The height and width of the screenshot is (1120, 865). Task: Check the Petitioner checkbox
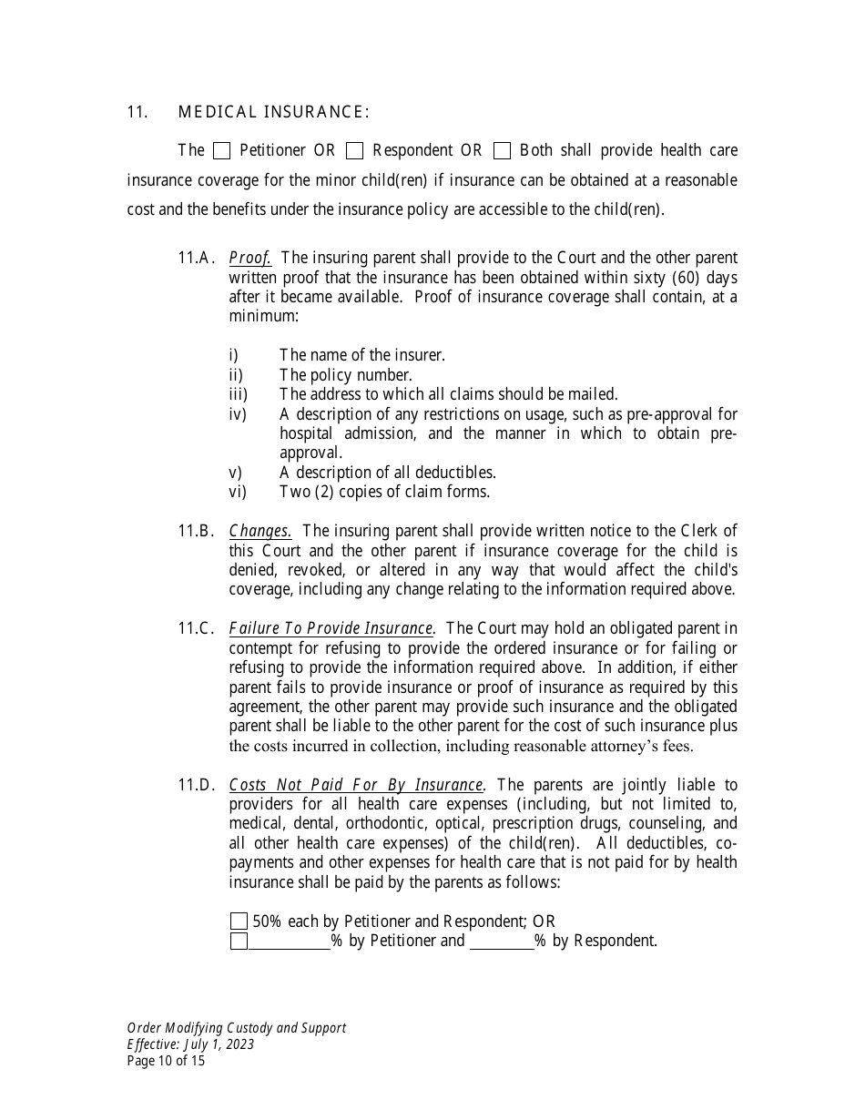(x=221, y=150)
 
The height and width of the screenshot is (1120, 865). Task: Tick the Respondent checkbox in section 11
(x=355, y=150)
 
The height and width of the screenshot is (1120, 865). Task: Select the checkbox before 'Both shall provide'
(x=502, y=150)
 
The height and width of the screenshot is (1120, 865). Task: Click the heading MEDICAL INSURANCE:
(x=273, y=112)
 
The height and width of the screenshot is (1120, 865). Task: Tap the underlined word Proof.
(x=250, y=258)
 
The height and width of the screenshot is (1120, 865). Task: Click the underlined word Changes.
(x=260, y=531)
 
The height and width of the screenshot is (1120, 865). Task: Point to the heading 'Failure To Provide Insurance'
(x=331, y=628)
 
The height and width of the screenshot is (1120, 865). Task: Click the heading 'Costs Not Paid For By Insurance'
(x=356, y=785)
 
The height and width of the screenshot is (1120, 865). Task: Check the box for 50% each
(x=239, y=921)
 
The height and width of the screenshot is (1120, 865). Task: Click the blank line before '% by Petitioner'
(x=290, y=942)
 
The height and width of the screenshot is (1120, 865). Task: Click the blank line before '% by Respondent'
(x=502, y=942)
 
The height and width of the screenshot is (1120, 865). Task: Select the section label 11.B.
(x=196, y=531)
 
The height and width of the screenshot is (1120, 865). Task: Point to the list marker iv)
(x=238, y=414)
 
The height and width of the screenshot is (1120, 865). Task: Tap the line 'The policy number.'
(x=346, y=375)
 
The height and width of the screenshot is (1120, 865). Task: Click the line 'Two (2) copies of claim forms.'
(x=384, y=492)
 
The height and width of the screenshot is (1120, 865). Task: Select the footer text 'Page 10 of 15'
(x=167, y=1061)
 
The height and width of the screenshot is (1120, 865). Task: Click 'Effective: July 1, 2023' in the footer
(x=190, y=1044)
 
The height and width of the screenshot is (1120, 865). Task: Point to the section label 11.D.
(x=196, y=785)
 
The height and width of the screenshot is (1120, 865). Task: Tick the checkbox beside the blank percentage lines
(x=239, y=942)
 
